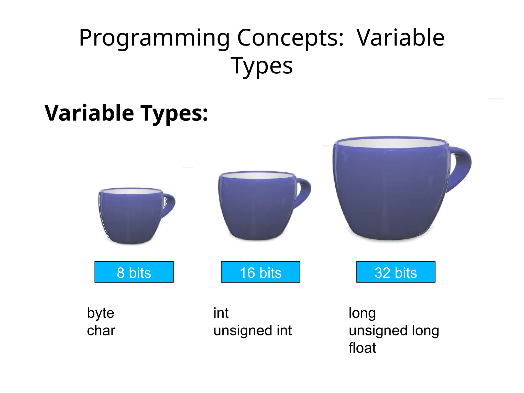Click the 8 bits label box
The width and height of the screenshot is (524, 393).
click(134, 272)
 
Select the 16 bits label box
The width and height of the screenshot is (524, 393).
click(260, 272)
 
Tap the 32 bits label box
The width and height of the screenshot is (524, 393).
click(396, 272)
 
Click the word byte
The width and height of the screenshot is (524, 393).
click(100, 313)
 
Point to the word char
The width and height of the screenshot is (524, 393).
click(101, 331)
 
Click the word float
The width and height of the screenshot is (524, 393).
click(362, 348)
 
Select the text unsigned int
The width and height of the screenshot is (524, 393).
click(252, 331)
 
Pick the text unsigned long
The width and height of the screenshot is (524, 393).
click(394, 331)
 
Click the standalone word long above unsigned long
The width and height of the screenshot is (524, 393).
click(362, 313)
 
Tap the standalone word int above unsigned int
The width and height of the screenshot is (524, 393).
click(221, 313)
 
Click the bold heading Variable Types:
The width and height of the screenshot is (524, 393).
click(126, 113)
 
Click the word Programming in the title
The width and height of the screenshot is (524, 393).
click(154, 38)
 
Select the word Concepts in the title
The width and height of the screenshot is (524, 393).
click(290, 38)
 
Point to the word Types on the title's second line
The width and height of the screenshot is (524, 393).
click(261, 66)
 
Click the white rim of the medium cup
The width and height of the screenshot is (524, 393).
click(257, 176)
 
